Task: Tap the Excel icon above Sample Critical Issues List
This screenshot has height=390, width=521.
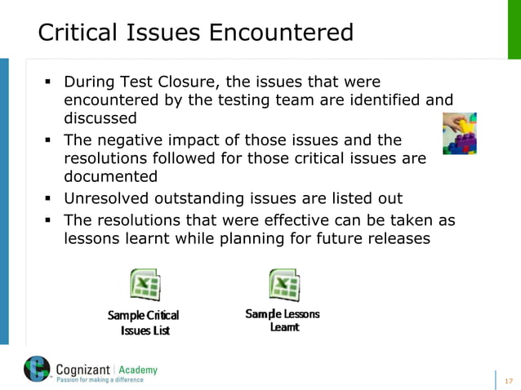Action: (145, 285)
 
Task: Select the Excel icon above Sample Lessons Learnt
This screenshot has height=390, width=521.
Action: (283, 285)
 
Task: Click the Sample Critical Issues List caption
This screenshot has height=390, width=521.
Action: (144, 322)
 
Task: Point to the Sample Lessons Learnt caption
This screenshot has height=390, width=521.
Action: (283, 320)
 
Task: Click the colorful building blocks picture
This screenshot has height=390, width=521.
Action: (460, 134)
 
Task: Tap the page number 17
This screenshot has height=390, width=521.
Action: (510, 379)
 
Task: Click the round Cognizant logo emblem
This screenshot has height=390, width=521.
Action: (37, 370)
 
